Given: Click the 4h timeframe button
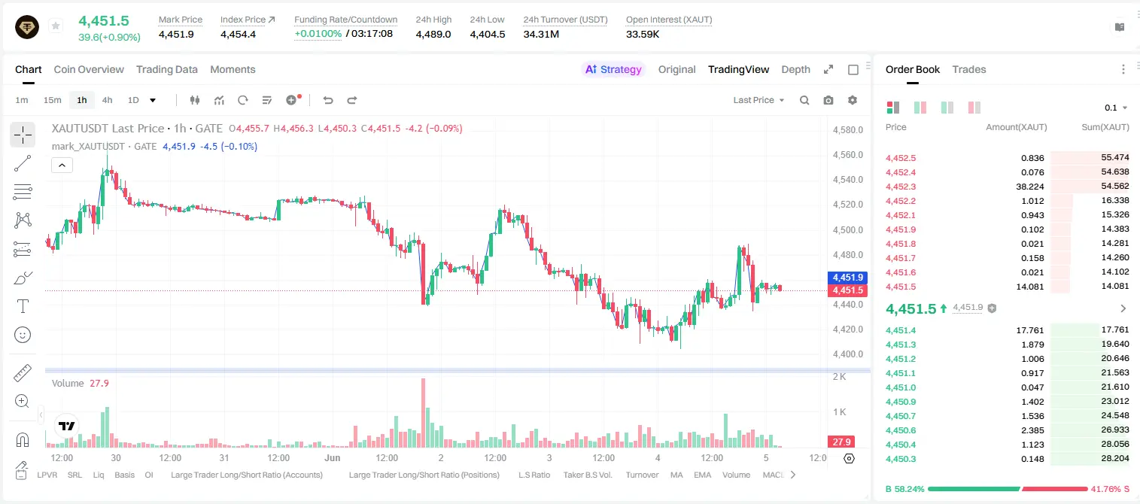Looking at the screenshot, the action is [107, 100].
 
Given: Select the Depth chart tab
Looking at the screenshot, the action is [795, 70].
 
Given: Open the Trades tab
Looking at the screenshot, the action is [969, 70].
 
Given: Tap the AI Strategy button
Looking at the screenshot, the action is [613, 70].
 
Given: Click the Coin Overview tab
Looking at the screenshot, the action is [89, 70].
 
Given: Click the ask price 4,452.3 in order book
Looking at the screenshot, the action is [900, 187].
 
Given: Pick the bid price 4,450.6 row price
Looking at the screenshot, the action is [900, 430].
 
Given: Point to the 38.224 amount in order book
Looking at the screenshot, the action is [1029, 187].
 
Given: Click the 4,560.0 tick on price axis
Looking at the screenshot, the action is [848, 155].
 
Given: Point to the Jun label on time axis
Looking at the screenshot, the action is [333, 457].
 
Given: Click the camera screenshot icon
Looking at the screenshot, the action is [828, 100].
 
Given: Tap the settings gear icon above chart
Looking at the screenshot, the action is [853, 100].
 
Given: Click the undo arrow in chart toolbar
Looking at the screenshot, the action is [328, 100].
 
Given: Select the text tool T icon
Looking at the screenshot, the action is [23, 306].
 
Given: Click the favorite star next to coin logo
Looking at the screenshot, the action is [56, 26].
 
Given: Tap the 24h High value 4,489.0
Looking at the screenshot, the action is [433, 34].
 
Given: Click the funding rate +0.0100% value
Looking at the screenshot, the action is [318, 34].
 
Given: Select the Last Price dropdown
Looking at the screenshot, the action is [758, 100].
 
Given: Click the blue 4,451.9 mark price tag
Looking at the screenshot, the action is [848, 277].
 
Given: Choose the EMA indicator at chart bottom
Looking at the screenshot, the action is [702, 475].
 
